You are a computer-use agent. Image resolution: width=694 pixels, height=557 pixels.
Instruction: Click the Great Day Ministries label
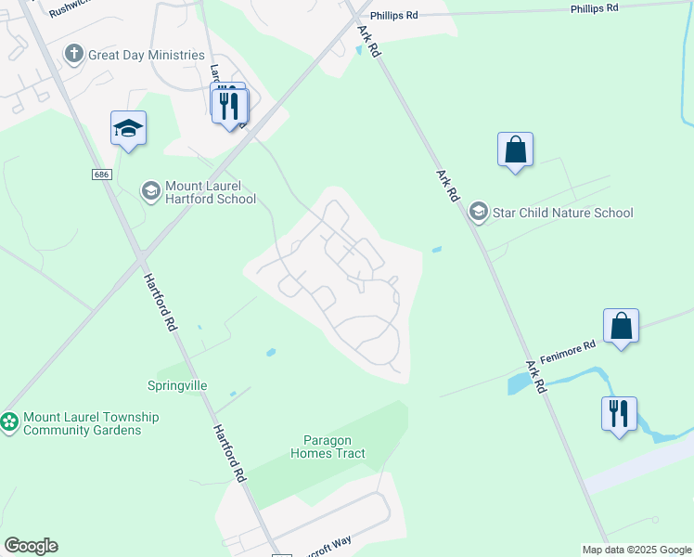[x=146, y=55]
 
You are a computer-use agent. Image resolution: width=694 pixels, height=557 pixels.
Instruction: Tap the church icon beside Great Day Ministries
[x=74, y=55]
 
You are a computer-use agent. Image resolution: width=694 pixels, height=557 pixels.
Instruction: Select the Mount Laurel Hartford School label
[x=210, y=192]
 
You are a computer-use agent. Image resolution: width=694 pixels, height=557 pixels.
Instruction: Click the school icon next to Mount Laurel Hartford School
[x=149, y=191]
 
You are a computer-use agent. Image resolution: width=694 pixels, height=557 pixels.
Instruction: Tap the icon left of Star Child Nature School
[x=478, y=213]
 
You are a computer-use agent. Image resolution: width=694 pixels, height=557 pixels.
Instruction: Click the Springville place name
[x=177, y=385]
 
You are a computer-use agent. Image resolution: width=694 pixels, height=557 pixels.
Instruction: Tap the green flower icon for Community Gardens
[x=9, y=422]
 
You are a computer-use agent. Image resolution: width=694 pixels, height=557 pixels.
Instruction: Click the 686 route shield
[x=101, y=175]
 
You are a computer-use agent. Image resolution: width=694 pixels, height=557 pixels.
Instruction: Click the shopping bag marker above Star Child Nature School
[x=515, y=149]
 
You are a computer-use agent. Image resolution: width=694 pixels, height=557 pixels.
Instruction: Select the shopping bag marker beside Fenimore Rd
[x=621, y=326]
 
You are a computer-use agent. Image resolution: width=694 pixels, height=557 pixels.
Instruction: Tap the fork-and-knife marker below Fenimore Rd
[x=619, y=413]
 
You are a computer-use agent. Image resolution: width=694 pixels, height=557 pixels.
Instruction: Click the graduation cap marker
[x=128, y=128]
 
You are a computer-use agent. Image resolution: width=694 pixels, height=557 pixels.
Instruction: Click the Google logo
[x=31, y=546]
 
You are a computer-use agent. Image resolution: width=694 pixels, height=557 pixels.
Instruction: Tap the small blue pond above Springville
[x=270, y=353]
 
